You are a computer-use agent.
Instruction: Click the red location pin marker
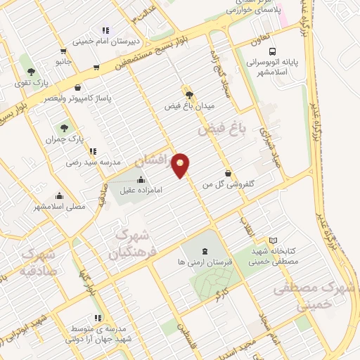click(x=181, y=165)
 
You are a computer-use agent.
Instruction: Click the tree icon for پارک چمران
click(x=64, y=128)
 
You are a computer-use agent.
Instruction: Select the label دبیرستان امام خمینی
click(x=105, y=40)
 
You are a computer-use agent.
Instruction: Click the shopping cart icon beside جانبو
click(x=64, y=51)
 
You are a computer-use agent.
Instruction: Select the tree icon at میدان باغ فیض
click(x=188, y=94)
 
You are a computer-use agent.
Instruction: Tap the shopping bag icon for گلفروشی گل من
click(x=227, y=173)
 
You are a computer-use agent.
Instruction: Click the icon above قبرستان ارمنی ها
click(x=204, y=251)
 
